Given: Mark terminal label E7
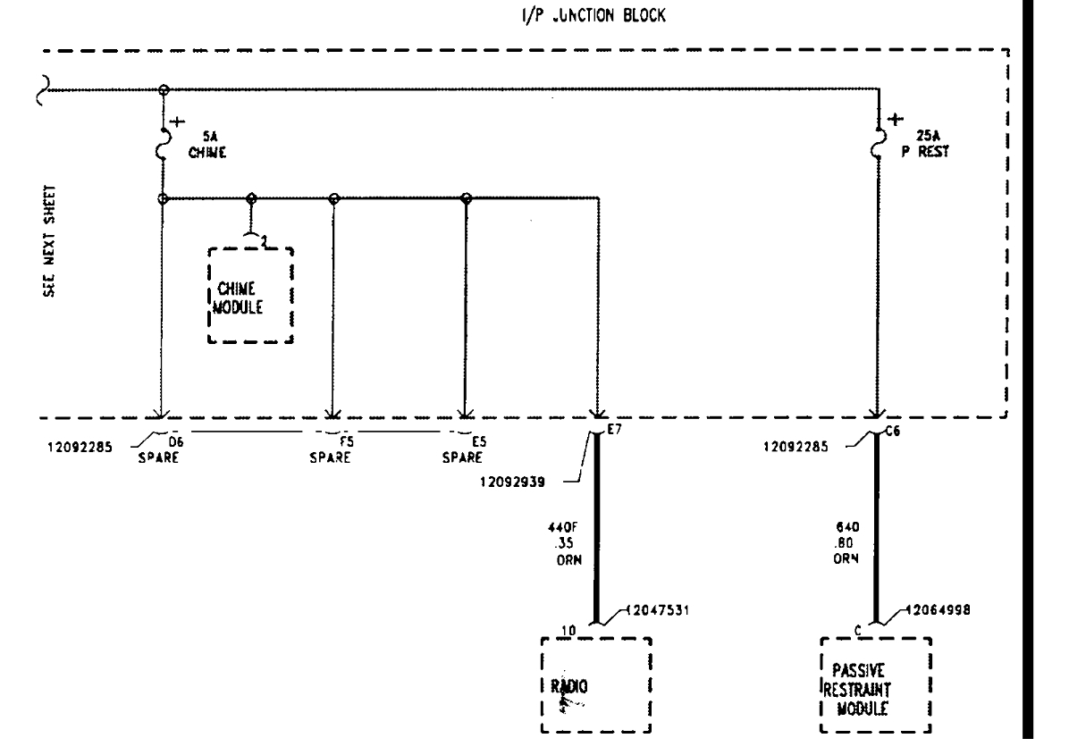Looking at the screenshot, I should click(x=613, y=431).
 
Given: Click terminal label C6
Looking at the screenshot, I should click(x=891, y=431).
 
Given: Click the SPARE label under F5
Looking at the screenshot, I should click(x=330, y=458).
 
